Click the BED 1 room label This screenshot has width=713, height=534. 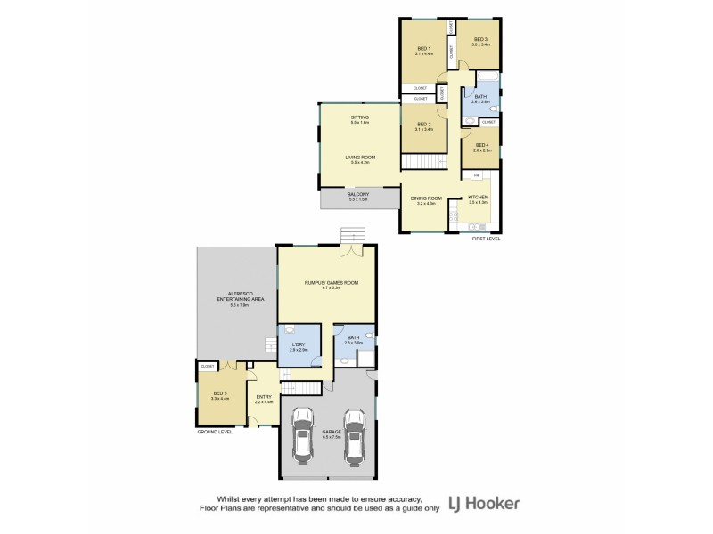[x=423, y=48]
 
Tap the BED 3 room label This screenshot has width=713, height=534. [x=481, y=39]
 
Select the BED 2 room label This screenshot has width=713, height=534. [x=423, y=124]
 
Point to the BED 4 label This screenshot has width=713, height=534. [x=482, y=145]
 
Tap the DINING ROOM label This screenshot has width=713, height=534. [x=426, y=198]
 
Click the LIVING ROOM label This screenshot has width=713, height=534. [x=360, y=158]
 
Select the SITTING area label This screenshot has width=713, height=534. [x=360, y=117]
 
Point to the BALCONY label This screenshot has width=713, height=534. [x=359, y=194]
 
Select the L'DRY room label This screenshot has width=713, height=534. [x=299, y=345]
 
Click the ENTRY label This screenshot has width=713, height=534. [x=264, y=397]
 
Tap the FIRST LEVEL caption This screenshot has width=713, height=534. [x=486, y=239]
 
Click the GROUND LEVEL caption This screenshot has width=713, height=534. [x=215, y=431]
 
